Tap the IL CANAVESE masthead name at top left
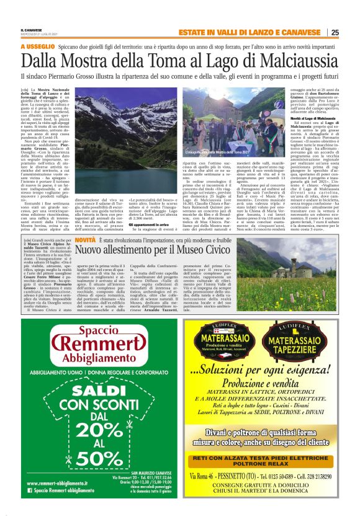pos(32,29)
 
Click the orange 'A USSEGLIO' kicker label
pos(38,46)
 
